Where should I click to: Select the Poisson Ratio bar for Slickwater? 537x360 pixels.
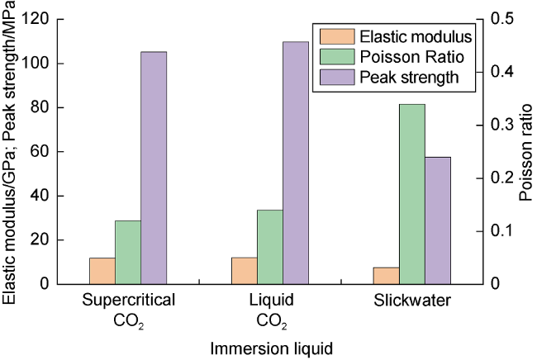412,194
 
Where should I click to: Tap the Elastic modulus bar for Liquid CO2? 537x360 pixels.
244,271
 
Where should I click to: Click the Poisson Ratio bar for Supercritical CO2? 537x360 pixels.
128,253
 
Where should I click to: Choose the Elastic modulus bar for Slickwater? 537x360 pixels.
386,276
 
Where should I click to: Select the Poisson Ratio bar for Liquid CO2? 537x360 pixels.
269,247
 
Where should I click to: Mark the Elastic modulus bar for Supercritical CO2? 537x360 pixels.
102,271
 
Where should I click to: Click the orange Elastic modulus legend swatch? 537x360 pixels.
333,37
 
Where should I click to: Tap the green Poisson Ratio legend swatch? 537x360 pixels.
333,57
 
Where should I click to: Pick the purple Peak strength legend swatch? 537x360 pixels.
333,78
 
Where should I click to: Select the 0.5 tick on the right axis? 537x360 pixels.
502,19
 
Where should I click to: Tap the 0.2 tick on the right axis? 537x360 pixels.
502,178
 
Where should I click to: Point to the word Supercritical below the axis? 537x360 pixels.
128,301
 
